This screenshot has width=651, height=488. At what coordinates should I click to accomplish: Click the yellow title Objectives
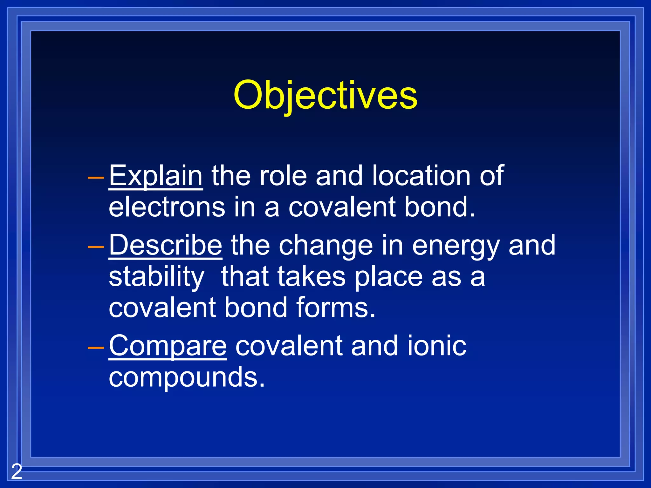pos(325,95)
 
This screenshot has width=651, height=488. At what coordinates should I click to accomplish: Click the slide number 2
pos(17,471)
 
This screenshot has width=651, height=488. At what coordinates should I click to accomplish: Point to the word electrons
pos(167,207)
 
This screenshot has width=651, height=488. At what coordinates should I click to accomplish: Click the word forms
pos(336,308)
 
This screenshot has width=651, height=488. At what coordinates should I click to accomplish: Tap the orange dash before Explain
pos(96,178)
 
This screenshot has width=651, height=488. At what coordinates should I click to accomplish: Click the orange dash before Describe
pos(96,247)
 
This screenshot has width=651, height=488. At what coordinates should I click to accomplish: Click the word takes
pos(311,276)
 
